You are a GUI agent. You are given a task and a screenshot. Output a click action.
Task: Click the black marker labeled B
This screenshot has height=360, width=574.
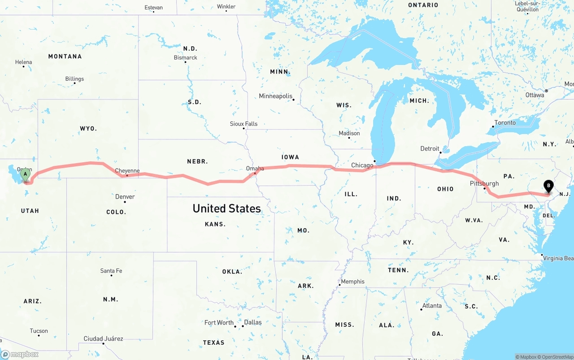coord(548,186)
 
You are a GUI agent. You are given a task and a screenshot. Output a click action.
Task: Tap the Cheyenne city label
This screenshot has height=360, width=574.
coord(127,171)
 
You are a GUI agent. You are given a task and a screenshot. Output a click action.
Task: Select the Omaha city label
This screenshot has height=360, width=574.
coord(255,169)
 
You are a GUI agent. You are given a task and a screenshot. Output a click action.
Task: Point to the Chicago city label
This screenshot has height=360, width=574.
coord(362,165)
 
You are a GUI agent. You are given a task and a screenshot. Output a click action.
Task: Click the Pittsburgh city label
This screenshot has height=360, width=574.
coord(484,183)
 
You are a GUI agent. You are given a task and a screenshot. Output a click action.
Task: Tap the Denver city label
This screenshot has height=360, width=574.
coord(125,197)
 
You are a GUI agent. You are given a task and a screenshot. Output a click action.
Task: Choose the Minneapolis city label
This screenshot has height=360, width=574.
coord(275,96)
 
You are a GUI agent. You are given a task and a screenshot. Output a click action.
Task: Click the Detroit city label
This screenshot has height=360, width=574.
coord(430,149)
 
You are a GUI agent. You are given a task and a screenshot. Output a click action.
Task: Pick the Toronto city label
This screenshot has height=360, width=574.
coord(505,123)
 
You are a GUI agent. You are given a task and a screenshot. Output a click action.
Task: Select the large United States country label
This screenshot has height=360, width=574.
coord(226,208)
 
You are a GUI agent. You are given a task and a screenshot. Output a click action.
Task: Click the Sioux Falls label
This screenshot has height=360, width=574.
coord(244,124)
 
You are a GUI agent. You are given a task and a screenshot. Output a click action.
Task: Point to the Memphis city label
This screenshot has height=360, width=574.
coord(353,282)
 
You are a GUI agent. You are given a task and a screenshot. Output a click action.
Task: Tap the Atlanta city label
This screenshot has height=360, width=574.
coord(432,306)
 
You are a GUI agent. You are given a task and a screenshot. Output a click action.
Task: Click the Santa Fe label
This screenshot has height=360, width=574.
coord(111,271)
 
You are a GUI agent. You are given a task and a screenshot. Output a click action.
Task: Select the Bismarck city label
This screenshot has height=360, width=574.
coord(186,58)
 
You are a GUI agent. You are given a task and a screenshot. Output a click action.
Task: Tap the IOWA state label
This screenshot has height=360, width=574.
coord(290,157)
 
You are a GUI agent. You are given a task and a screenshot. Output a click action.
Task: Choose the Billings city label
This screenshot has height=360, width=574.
coord(74,79)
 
